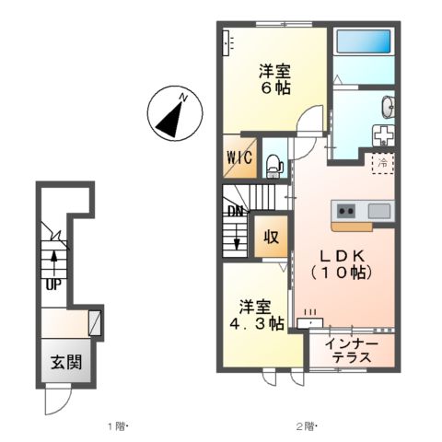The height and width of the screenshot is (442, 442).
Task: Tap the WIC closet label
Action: [x=238, y=157]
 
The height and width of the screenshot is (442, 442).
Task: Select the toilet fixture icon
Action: [x=273, y=165]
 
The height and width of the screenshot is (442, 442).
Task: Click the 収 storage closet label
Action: [x=273, y=236]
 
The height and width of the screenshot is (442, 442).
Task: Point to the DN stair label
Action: [x=236, y=210]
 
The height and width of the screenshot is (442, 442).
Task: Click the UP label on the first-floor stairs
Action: [x=53, y=284]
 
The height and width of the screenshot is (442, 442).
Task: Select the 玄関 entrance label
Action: [x=65, y=361]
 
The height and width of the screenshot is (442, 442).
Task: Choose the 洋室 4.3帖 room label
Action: [x=258, y=316]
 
